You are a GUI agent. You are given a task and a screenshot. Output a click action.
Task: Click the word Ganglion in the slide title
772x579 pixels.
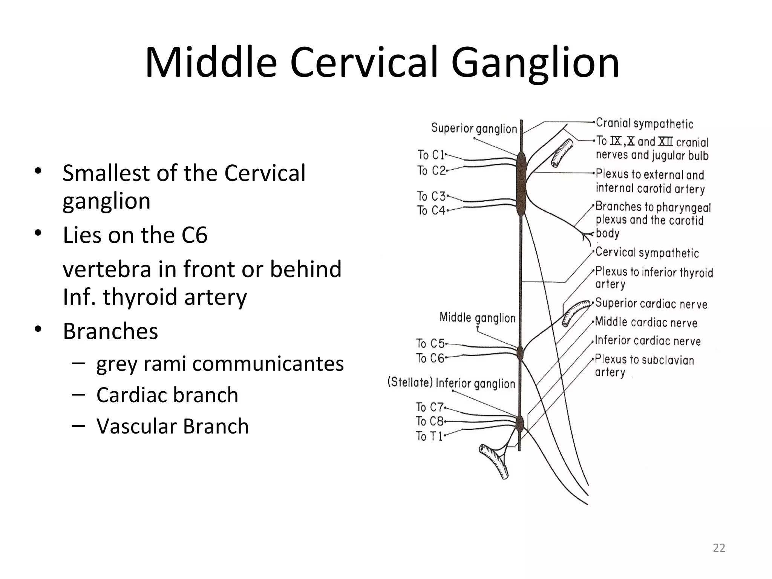click(535, 63)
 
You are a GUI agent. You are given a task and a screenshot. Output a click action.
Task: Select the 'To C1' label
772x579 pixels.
click(431, 155)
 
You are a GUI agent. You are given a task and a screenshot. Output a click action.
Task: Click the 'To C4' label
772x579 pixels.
click(431, 210)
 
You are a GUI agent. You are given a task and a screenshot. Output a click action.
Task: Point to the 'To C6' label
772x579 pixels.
click(430, 358)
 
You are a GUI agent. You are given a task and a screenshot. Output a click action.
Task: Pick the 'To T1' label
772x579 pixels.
click(429, 436)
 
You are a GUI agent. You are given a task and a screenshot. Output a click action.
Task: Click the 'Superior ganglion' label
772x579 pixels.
click(474, 129)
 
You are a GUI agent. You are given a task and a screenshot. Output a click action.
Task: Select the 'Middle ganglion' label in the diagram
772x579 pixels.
click(477, 318)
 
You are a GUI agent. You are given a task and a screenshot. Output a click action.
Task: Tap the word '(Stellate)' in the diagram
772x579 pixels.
click(410, 383)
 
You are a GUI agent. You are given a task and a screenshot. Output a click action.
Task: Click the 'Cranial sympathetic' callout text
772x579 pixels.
click(645, 124)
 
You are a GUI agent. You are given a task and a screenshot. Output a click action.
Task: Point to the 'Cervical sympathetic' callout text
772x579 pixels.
click(647, 253)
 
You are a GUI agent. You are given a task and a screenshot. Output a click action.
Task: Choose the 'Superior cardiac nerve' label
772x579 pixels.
click(651, 304)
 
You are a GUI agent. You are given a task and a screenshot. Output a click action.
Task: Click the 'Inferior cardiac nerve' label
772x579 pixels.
click(648, 341)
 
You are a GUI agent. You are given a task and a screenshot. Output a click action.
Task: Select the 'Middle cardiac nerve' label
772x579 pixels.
click(646, 322)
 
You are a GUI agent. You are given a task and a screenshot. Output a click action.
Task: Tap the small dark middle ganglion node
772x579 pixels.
click(520, 353)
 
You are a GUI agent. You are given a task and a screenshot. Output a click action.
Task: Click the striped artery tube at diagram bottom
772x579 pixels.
click(494, 461)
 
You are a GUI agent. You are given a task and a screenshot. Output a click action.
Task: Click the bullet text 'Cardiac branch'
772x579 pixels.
click(167, 395)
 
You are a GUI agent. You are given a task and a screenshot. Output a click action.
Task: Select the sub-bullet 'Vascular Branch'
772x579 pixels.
click(172, 426)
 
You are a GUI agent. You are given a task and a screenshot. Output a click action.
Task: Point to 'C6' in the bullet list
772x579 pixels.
click(195, 235)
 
